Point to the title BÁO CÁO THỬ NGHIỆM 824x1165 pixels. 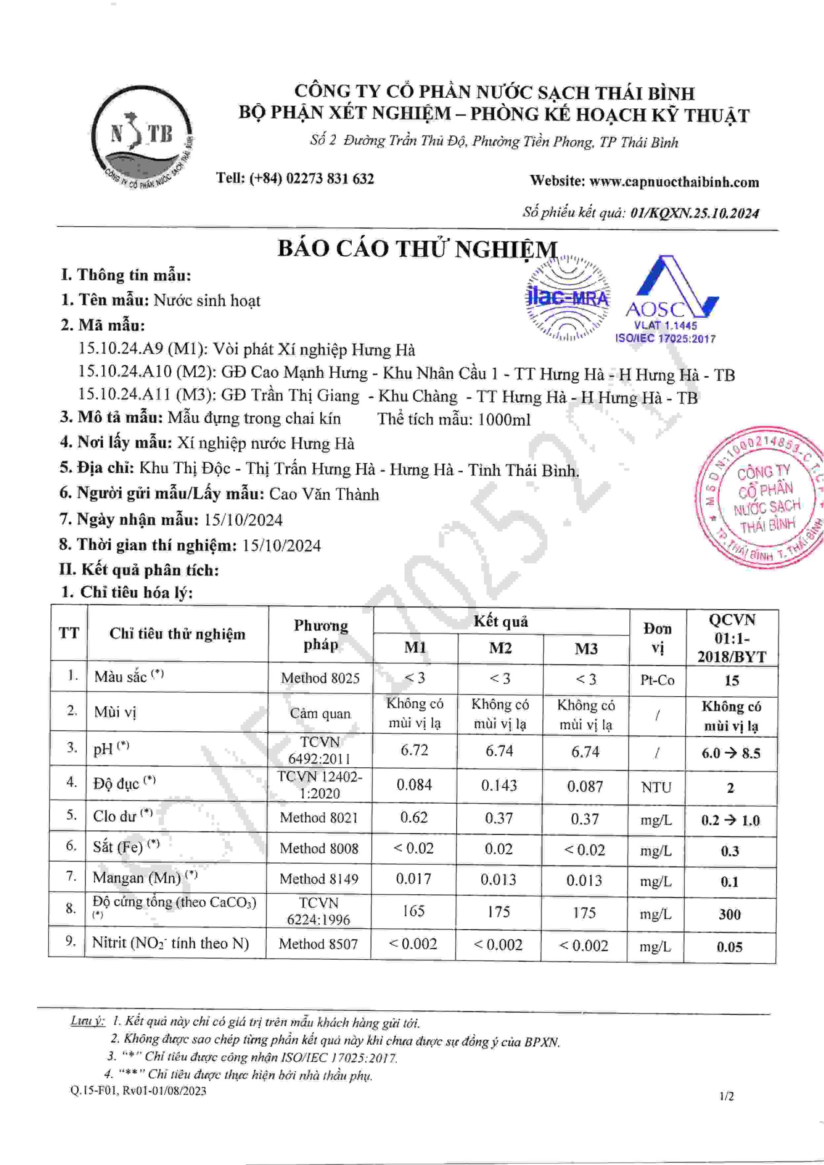click(417, 249)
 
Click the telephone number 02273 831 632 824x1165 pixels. click(330, 178)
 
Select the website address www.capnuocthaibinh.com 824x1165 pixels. click(674, 182)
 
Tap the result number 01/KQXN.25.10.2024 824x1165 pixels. click(694, 213)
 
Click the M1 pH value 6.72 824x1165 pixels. click(414, 750)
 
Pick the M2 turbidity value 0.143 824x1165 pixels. click(499, 785)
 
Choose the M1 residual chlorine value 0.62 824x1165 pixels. click(414, 817)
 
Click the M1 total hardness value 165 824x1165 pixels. click(413, 911)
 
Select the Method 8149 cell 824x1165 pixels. click(318, 879)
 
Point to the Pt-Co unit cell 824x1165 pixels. click(657, 680)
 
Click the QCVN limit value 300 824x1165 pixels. click(730, 914)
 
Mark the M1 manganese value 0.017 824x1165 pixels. click(413, 879)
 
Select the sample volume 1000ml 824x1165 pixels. click(503, 420)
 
